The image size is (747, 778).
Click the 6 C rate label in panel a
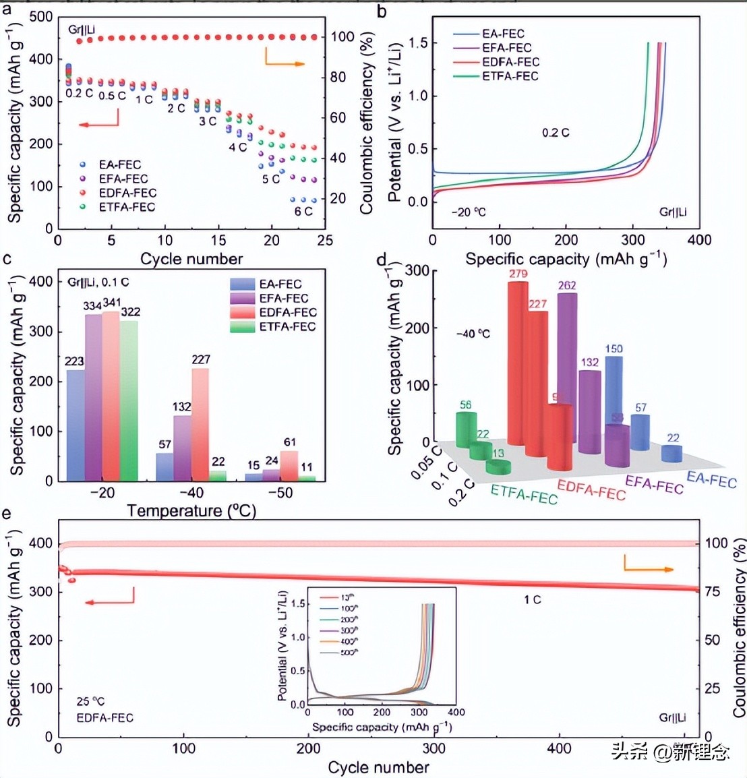303,211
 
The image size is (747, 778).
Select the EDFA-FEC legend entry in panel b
510,62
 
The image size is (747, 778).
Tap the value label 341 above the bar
112,303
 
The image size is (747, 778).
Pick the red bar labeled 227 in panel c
200,424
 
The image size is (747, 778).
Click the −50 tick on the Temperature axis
280,493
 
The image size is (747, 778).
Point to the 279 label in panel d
518,274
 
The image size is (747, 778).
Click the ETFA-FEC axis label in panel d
524,494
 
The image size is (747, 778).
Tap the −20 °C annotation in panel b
469,212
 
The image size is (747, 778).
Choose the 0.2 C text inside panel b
556,133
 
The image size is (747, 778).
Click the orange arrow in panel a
284,61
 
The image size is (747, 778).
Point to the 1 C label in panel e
533,599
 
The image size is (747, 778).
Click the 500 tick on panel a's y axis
41,17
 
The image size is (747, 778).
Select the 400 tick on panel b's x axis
699,240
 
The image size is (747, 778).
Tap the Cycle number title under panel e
378,767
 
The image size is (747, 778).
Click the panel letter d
382,260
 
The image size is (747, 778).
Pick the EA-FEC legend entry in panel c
280,284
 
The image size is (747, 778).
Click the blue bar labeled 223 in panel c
76,425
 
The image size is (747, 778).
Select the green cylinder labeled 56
466,429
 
